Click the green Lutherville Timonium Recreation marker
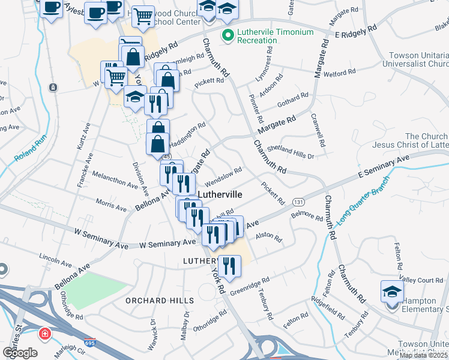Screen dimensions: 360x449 [x=228, y=35]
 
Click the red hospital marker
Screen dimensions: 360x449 [x=45, y=334]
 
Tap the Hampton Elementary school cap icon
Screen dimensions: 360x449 [x=392, y=292]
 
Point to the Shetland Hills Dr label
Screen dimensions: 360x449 [x=291, y=152]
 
